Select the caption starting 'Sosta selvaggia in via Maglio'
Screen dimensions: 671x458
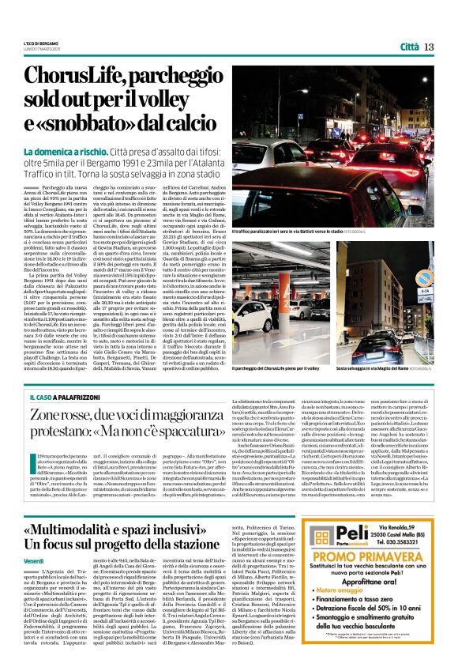point(391,368)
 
